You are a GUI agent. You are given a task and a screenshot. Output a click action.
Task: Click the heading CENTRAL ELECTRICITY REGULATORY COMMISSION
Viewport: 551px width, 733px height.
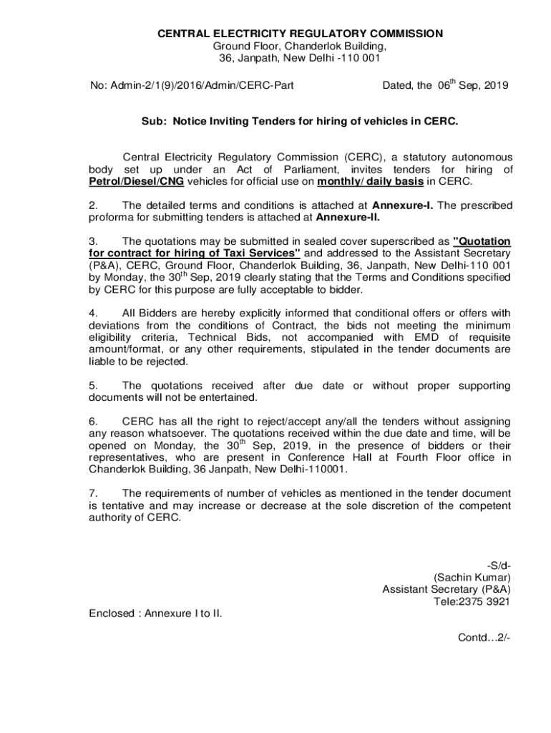[301, 34]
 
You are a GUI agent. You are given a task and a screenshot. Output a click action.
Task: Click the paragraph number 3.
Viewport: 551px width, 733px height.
[92, 241]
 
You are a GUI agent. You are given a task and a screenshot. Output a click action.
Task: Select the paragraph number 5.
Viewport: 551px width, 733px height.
[92, 386]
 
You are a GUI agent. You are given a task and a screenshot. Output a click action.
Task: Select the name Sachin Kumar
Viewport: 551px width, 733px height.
[472, 577]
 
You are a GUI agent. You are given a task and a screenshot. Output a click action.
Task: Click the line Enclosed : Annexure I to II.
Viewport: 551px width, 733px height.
[155, 613]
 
